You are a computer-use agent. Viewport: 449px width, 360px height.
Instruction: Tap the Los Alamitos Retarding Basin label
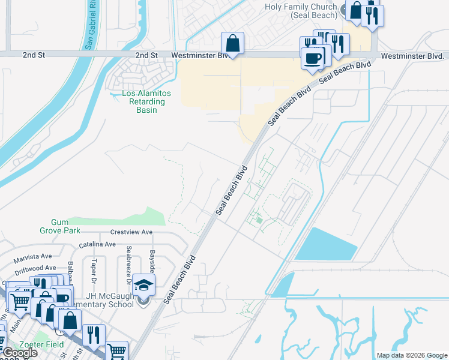point(146,101)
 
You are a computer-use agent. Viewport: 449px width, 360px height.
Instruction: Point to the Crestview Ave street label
point(131,232)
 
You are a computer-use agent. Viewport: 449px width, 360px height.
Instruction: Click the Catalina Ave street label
point(98,244)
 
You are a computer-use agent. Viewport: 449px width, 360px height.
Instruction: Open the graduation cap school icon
point(143,285)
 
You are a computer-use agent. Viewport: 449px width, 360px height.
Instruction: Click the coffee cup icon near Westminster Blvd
point(312,58)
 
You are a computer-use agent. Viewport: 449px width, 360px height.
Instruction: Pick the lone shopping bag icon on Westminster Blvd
point(232,43)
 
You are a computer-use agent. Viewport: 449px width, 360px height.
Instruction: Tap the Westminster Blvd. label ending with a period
point(412,56)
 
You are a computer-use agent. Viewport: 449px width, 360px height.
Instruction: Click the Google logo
point(19,353)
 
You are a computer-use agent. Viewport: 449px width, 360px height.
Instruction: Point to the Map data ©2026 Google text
point(411,355)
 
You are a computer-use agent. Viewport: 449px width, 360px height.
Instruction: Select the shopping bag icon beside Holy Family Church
point(356,10)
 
